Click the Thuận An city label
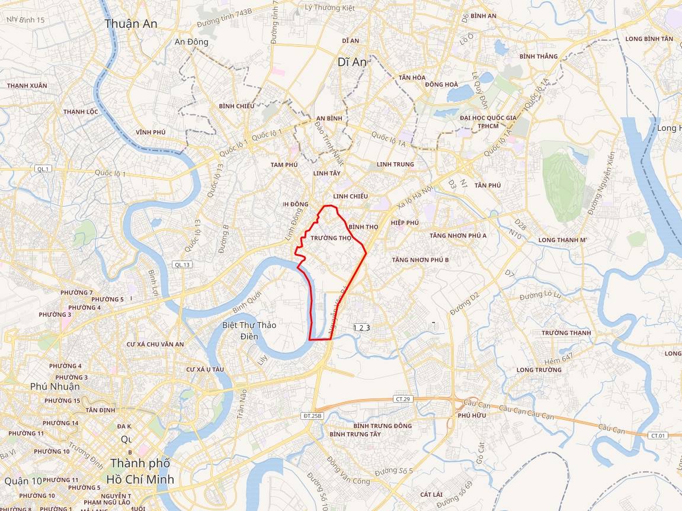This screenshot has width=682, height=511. pyautogui.click(x=131, y=24)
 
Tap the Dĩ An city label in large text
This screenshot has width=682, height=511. pyautogui.click(x=352, y=62)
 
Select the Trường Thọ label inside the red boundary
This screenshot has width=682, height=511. pyautogui.click(x=331, y=238)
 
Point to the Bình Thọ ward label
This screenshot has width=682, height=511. pyautogui.click(x=363, y=227)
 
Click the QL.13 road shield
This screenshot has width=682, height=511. pyautogui.click(x=182, y=265)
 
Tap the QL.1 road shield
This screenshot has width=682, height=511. pyautogui.click(x=43, y=169)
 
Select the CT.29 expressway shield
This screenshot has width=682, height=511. pyautogui.click(x=402, y=399)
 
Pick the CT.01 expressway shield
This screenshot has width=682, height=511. pyautogui.click(x=658, y=435)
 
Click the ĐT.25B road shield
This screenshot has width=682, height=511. pyautogui.click(x=312, y=416)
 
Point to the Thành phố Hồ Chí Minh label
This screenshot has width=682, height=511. pyautogui.click(x=140, y=471)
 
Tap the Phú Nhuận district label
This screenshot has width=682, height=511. pyautogui.click(x=55, y=387)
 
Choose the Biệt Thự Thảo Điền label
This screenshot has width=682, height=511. pyautogui.click(x=249, y=330)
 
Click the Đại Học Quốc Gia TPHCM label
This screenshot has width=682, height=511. pyautogui.click(x=488, y=122)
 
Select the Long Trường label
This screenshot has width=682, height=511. pyautogui.click(x=539, y=370)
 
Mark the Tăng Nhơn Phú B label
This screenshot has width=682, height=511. pyautogui.click(x=420, y=260)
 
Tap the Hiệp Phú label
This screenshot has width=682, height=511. pyautogui.click(x=405, y=223)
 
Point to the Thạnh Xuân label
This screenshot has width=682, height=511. pyautogui.click(x=27, y=86)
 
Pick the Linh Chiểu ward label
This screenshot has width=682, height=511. pyautogui.click(x=350, y=196)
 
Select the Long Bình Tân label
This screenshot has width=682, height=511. pyautogui.click(x=649, y=39)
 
